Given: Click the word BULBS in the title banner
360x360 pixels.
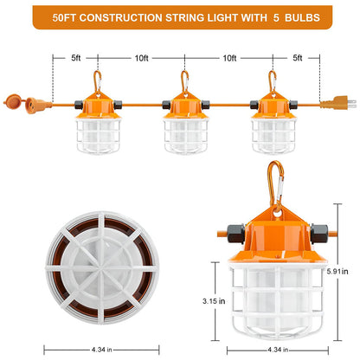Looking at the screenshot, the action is (x=302, y=17).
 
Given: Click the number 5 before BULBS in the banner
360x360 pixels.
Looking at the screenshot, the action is (x=276, y=17).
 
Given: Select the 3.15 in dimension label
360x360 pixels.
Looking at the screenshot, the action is (x=214, y=301).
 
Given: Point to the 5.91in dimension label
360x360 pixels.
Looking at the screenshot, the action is (x=337, y=272).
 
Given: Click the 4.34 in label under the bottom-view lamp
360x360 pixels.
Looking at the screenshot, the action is (x=102, y=350).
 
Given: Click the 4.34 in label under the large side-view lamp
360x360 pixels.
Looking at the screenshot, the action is (x=278, y=350).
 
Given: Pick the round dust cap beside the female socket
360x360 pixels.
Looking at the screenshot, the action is (x=13, y=101).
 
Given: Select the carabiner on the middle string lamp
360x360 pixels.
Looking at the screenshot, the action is (x=184, y=82).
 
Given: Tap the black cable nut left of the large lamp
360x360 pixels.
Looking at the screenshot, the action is (x=236, y=234).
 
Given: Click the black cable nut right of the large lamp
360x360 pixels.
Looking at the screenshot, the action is (x=319, y=234).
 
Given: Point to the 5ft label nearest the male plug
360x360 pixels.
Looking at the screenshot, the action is (x=298, y=58).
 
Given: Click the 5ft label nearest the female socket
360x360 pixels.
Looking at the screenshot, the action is (x=76, y=58).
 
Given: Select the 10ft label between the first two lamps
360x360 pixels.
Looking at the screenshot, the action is (x=142, y=58).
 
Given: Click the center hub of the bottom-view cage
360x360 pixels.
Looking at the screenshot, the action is (x=102, y=268).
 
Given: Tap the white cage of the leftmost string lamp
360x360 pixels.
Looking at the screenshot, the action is (x=98, y=135).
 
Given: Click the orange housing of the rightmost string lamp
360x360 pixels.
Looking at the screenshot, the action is (x=273, y=106).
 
